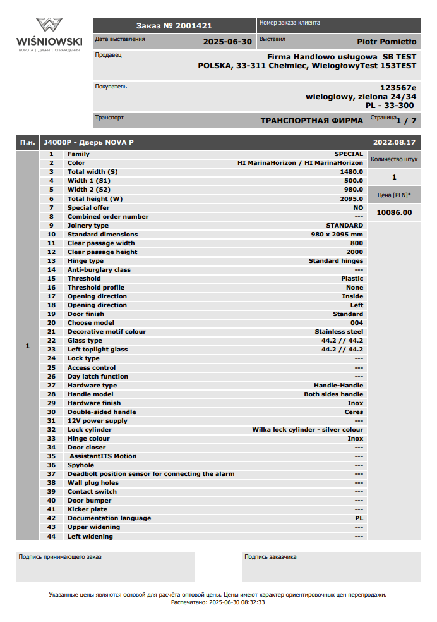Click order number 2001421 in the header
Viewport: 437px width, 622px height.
pos(174,26)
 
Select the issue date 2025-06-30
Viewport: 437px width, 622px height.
pos(227,42)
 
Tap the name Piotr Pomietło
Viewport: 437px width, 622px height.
pos(386,42)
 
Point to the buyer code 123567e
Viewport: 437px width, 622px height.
pos(398,88)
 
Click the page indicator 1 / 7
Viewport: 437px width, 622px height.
pos(406,120)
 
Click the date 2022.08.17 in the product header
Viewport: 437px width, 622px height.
pos(394,143)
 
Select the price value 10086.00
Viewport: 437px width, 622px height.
pos(394,212)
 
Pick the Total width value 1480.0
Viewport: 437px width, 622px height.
pos(351,172)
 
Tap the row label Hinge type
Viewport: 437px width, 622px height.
pos(85,261)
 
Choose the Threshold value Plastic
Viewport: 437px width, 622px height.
pos(352,279)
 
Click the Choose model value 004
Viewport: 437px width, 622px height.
pos(356,323)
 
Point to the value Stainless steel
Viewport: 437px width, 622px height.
pos(338,332)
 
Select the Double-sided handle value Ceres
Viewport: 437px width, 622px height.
pos(354,412)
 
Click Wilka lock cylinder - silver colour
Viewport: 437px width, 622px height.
pos(308,430)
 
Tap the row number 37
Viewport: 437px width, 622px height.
pos(52,474)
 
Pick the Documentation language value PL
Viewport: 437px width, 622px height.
pos(359,518)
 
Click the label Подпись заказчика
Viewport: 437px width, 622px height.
pos(270,557)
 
